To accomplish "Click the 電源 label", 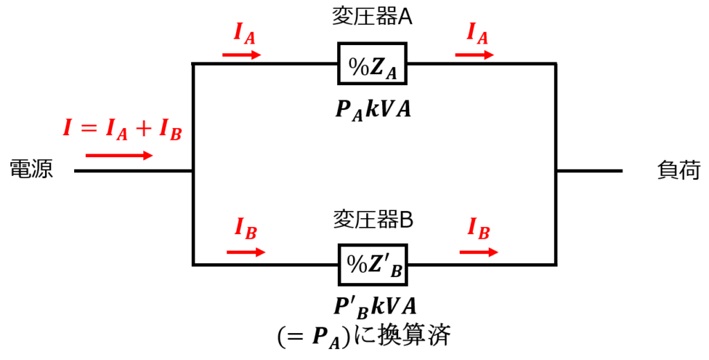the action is click(32, 169).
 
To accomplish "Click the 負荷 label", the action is click(679, 170).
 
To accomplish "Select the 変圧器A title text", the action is click(372, 17).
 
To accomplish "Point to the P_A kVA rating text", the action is click(373, 110).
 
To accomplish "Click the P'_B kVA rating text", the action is click(375, 307).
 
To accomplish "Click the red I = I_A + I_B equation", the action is click(122, 129).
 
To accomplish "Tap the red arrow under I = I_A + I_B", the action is click(119, 156).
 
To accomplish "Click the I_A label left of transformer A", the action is click(244, 33).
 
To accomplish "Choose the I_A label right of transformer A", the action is click(478, 33).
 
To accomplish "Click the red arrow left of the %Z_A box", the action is click(242, 55).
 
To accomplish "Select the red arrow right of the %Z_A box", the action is click(475, 55).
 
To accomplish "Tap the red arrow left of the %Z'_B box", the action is click(246, 252).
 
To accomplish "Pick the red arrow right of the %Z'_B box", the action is click(479, 252).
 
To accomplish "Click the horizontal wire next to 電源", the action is click(134, 171).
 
